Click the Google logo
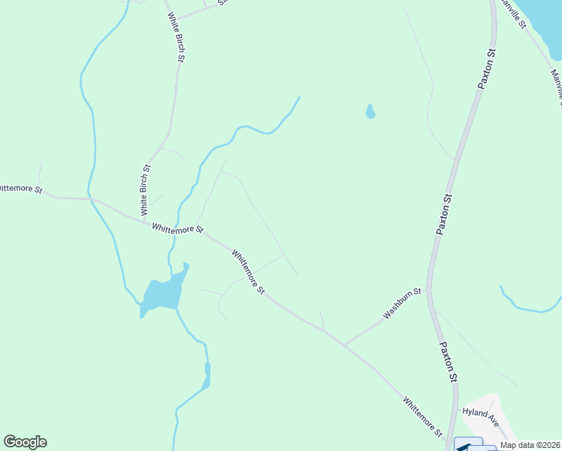click(x=25, y=442)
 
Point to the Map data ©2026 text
click(x=530, y=445)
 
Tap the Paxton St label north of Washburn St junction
click(x=445, y=215)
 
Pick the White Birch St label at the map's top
click(x=177, y=37)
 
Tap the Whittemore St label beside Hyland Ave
click(x=421, y=416)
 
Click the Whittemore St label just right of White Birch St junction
click(x=177, y=229)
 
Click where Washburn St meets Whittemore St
click(x=344, y=344)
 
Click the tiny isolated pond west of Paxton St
click(x=370, y=113)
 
